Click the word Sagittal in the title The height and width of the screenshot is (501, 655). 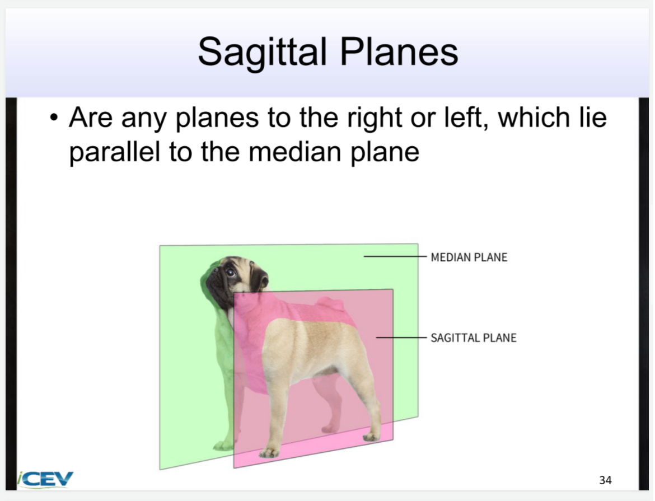click(262, 52)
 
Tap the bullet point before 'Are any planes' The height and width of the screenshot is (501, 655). click(53, 119)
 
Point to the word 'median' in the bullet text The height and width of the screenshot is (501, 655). click(292, 152)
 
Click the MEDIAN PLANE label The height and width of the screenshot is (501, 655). click(469, 257)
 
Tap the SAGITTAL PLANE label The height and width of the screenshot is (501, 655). click(473, 338)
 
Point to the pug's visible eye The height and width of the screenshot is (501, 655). click(230, 273)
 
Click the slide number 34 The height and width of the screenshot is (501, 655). click(605, 480)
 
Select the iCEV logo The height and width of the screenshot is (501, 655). click(46, 479)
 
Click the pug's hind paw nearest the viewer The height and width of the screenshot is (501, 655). click(370, 436)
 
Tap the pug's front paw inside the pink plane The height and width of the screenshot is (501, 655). click(269, 451)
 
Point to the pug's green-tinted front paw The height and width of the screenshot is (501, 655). click(223, 446)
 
